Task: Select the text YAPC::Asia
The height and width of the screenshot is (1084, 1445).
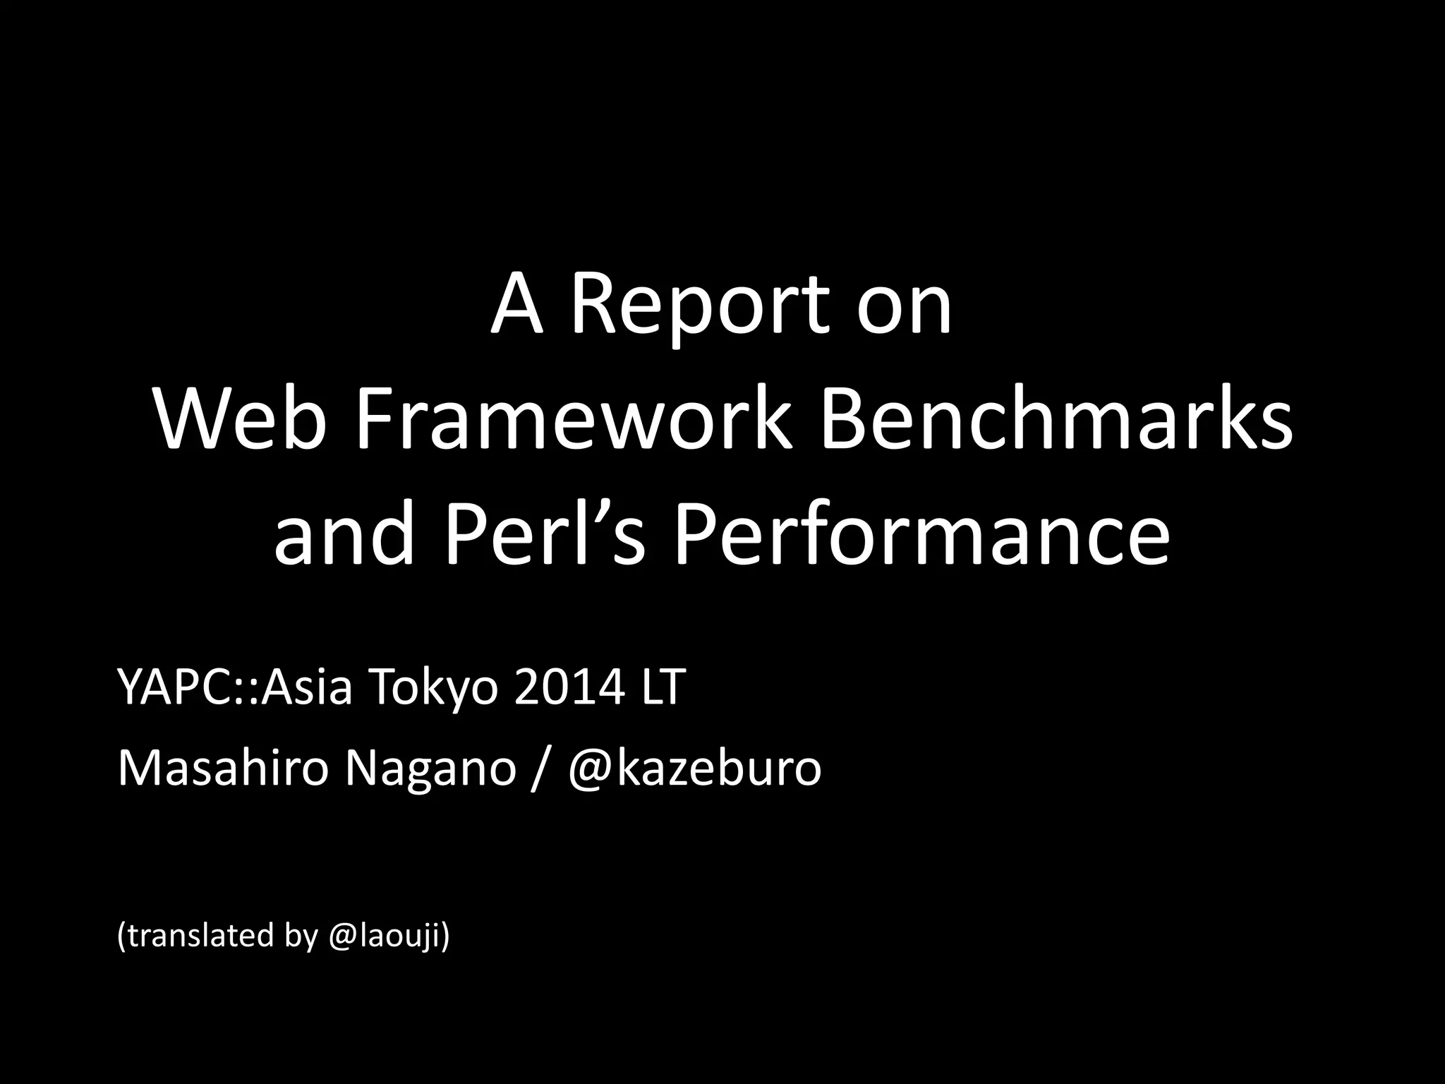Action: coord(234,687)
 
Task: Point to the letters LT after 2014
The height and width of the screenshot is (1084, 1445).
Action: coord(662,687)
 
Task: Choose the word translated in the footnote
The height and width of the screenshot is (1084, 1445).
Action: coord(199,936)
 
